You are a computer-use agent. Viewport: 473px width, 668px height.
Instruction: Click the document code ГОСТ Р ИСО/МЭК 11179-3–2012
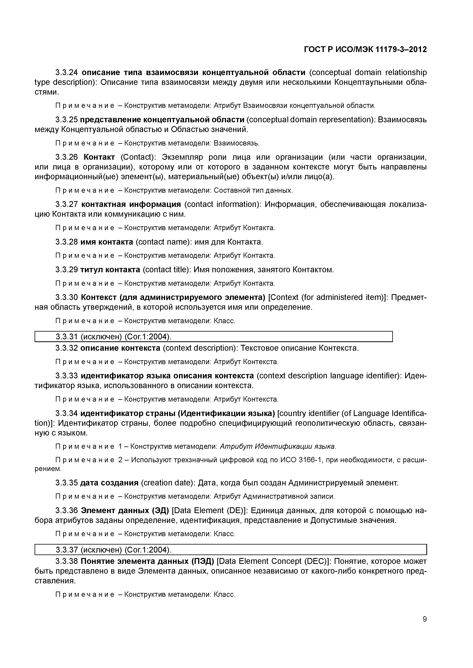click(365, 50)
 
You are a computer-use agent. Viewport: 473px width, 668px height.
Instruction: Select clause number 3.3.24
click(67, 72)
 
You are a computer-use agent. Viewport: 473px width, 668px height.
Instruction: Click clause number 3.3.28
click(67, 242)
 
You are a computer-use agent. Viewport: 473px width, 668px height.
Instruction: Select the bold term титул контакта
click(110, 270)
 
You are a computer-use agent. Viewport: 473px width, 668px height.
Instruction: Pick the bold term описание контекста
click(120, 348)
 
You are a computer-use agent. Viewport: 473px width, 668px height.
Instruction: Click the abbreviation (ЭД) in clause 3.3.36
click(160, 511)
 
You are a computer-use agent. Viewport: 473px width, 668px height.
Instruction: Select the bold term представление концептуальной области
click(162, 120)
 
